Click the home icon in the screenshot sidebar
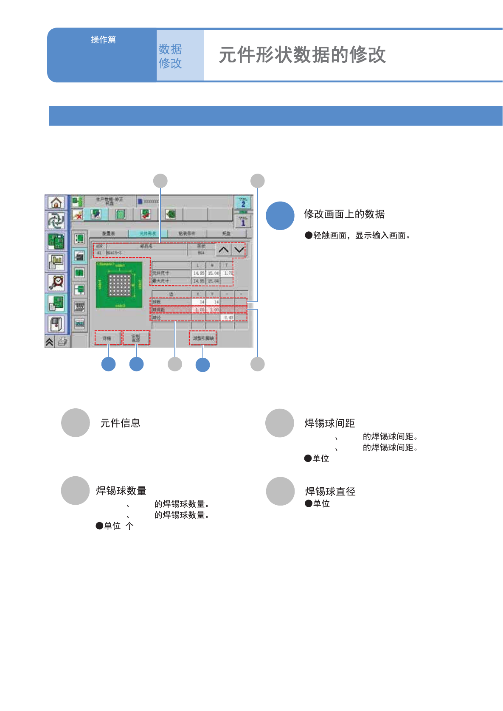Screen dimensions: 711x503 (56, 203)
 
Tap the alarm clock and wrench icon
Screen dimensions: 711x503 (56, 282)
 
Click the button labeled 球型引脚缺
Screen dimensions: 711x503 (203, 338)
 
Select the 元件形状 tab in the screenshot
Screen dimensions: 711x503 (148, 233)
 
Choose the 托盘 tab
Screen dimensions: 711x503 (226, 233)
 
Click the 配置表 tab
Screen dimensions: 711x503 (109, 233)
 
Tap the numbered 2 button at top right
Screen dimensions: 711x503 (243, 202)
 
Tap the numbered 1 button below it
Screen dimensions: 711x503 (243, 221)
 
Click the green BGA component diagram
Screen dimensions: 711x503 (119, 285)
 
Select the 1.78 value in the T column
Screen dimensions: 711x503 (228, 273)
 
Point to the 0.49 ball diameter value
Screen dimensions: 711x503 (228, 318)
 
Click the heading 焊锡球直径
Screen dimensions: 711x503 (330, 492)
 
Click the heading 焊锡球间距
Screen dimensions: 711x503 (330, 423)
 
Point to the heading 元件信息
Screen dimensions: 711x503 (120, 423)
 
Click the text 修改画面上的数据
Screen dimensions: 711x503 (344, 214)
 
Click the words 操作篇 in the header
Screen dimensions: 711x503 (103, 39)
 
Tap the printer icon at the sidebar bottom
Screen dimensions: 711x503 (63, 342)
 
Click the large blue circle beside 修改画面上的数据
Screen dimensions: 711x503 (280, 216)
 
